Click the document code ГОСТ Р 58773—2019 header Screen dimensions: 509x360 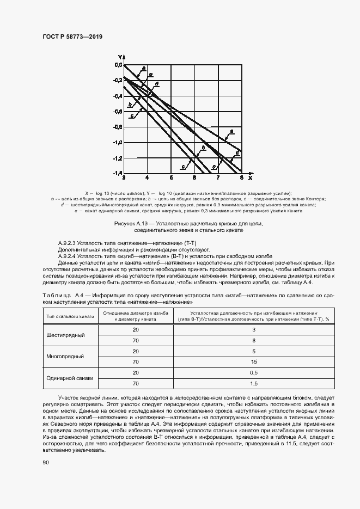72,36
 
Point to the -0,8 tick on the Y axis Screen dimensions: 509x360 118,127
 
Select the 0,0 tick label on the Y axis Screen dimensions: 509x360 118,65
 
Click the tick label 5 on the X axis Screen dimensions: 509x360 171,178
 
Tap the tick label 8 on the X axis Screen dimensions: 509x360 241,178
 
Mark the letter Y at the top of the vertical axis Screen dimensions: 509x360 120,57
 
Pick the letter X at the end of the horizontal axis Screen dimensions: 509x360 250,178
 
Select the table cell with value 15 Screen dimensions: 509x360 254,361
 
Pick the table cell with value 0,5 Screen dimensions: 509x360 254,372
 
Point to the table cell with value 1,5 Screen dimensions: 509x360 254,383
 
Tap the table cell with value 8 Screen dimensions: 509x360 254,340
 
